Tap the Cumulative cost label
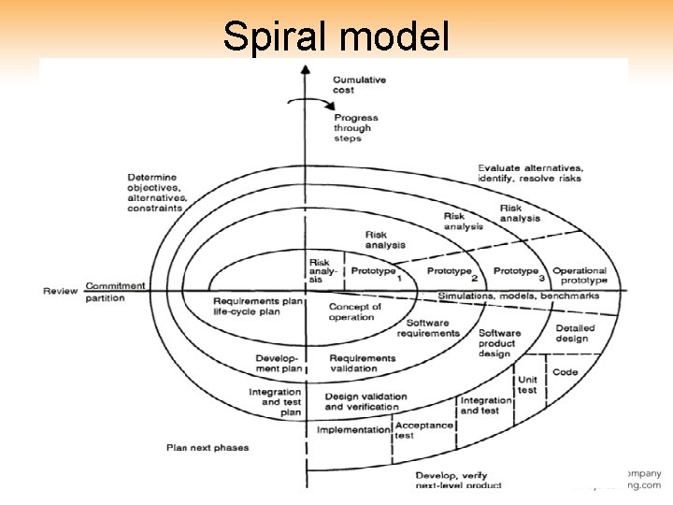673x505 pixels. (359, 85)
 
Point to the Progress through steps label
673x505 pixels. (355, 128)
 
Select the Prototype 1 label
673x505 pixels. (375, 272)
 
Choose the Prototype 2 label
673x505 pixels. (451, 272)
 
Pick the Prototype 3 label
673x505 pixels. (518, 272)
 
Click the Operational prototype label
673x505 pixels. (580, 276)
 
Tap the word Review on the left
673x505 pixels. (60, 291)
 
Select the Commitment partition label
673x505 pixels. (115, 292)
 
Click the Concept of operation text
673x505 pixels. (355, 311)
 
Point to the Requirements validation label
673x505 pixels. (362, 363)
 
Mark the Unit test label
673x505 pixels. (528, 384)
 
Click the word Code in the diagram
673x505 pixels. (566, 372)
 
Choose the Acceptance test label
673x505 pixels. (423, 430)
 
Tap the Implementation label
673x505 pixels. (352, 430)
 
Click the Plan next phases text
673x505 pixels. (208, 448)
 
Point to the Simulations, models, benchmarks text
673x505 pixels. (532, 296)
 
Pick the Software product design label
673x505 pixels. (500, 343)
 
